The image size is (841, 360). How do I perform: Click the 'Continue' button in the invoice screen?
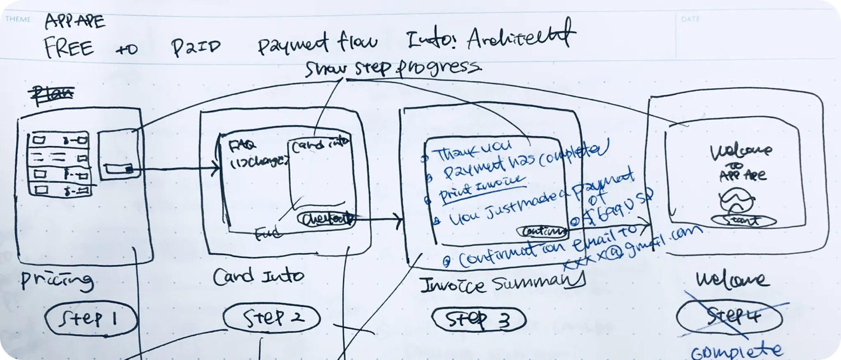[x=543, y=232]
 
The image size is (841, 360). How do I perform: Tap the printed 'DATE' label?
[x=690, y=19]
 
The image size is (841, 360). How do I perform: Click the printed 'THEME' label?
[x=18, y=19]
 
